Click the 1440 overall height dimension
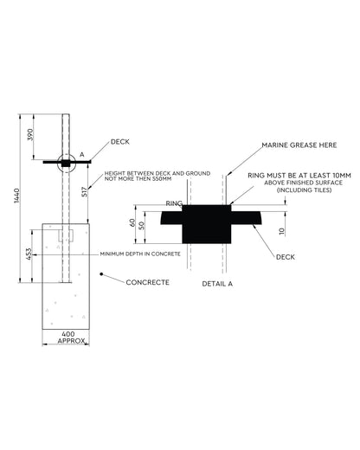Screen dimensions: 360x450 (x=16, y=196)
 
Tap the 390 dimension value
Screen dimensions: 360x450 (x=30, y=135)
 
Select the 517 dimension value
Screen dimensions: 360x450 (x=84, y=192)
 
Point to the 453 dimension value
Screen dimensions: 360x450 (x=29, y=254)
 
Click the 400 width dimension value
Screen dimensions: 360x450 (x=68, y=334)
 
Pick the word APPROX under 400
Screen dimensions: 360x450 (x=71, y=341)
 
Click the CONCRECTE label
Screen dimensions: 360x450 (x=147, y=282)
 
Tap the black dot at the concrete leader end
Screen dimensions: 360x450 (x=101, y=273)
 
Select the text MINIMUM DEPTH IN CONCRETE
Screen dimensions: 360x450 (x=140, y=254)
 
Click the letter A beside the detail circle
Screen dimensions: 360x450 (x=82, y=155)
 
